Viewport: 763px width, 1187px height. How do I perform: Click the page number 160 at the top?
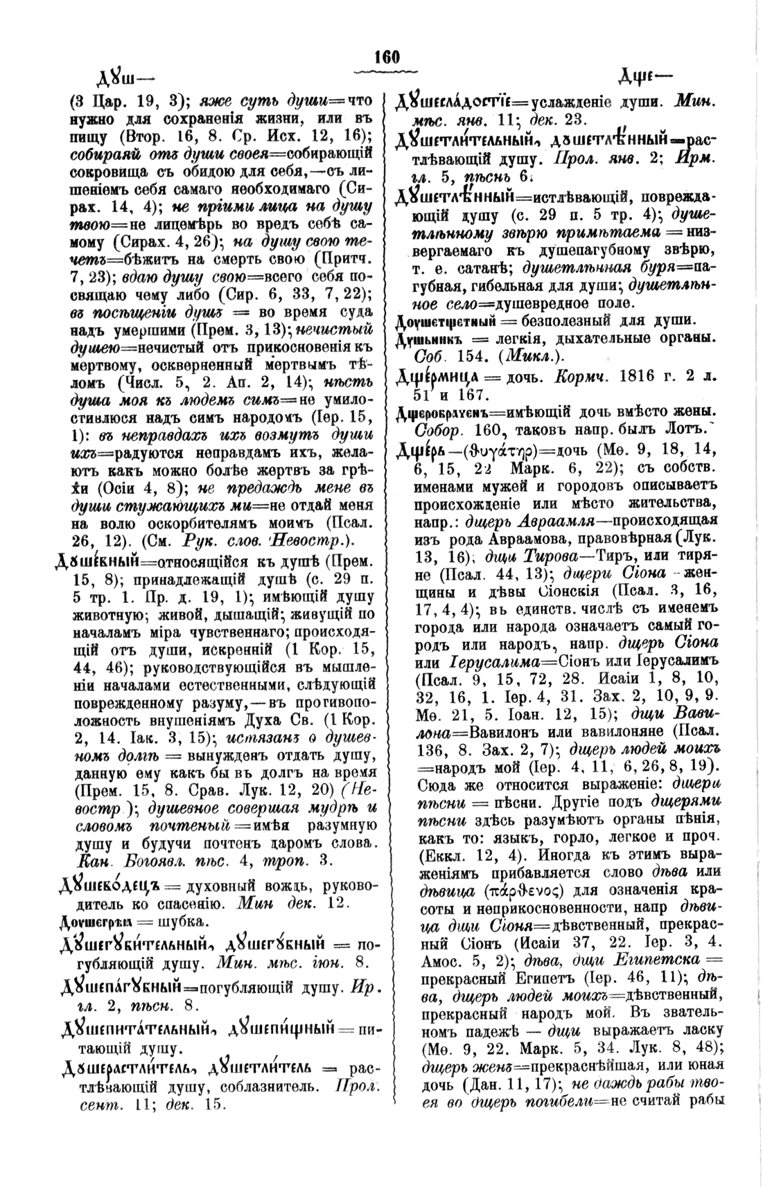[386, 57]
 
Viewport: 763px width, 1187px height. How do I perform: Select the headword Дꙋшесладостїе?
[456, 102]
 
